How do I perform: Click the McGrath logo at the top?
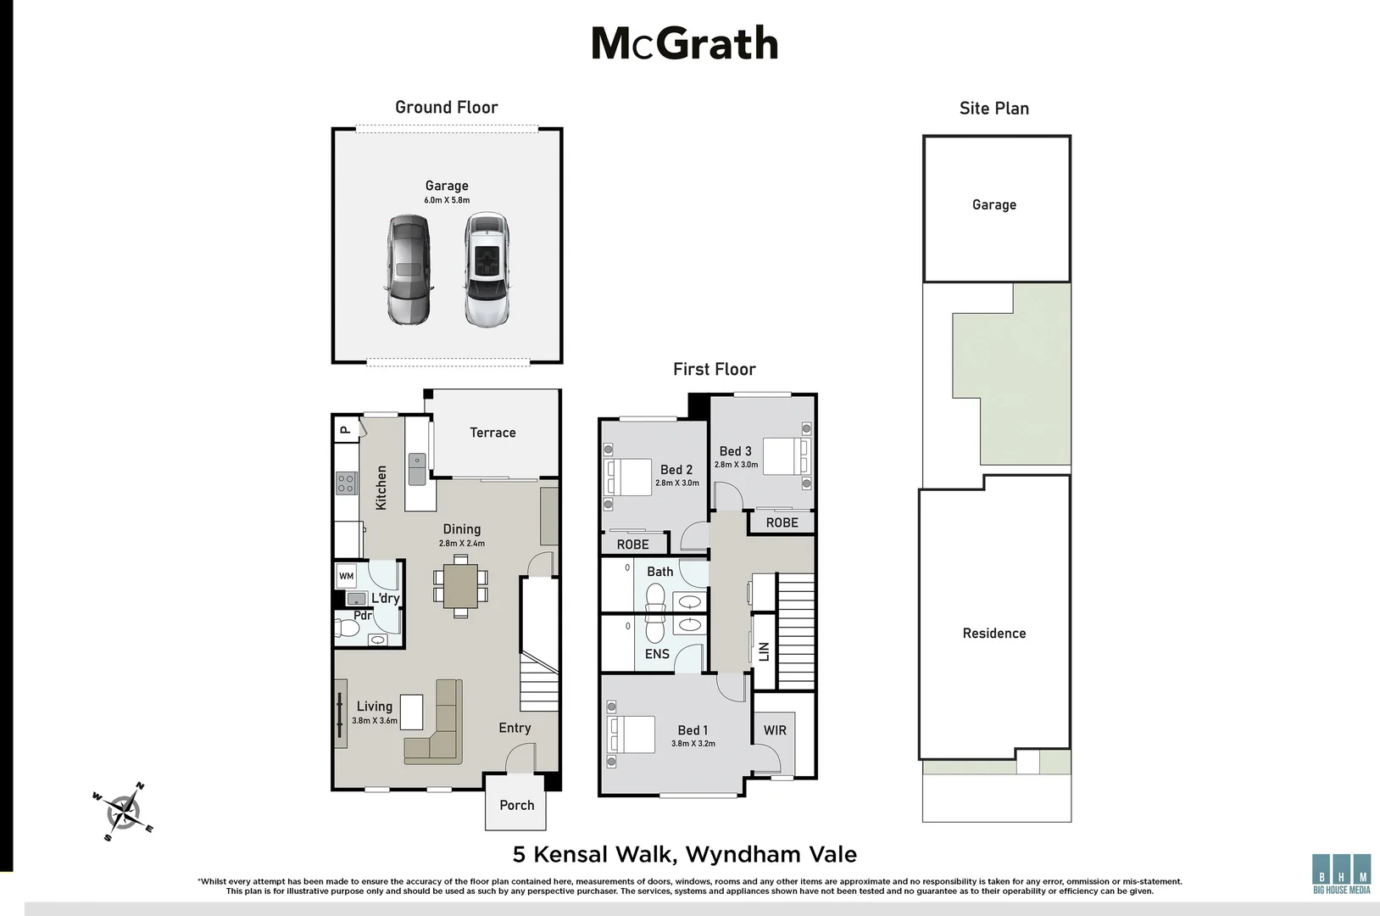click(x=684, y=43)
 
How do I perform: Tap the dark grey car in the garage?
click(x=409, y=270)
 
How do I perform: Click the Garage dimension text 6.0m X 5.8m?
click(x=447, y=201)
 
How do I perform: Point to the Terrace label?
click(x=492, y=433)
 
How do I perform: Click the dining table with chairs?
click(x=460, y=585)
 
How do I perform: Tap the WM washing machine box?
click(x=346, y=576)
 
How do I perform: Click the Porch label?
click(x=516, y=805)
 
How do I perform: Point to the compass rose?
click(x=124, y=812)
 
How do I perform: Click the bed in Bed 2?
click(x=628, y=477)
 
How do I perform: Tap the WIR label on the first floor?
click(x=775, y=730)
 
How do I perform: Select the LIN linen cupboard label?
click(x=764, y=651)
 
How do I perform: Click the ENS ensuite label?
click(x=657, y=654)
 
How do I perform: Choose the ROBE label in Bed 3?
click(x=782, y=522)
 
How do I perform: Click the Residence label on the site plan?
click(x=993, y=634)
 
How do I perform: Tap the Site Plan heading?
click(x=993, y=108)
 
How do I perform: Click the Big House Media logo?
click(x=1341, y=873)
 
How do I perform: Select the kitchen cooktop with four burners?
click(x=346, y=483)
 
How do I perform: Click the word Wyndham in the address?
click(x=735, y=854)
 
